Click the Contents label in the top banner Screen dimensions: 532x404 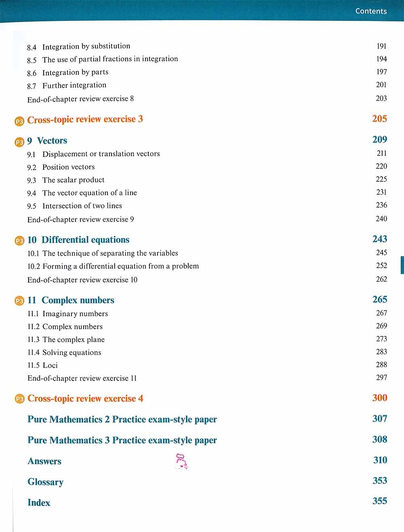371,11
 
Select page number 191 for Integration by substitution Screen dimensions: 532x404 381,46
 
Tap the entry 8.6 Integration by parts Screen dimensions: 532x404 67,73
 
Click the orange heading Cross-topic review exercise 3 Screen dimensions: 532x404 85,120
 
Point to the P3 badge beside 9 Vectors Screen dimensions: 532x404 19,142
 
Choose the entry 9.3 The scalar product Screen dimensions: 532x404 66,180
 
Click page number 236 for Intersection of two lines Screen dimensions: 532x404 381,205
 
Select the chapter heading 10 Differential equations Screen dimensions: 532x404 78,240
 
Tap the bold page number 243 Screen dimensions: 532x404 380,239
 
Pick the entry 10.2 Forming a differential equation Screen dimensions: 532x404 113,266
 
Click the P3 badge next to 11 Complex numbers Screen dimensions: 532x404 19,301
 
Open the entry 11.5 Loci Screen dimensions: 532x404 42,366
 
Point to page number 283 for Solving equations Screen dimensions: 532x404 381,352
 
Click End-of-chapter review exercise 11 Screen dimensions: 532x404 82,378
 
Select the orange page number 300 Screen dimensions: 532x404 380,398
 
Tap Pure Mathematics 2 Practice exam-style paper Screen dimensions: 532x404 122,420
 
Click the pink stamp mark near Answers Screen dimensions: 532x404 181,461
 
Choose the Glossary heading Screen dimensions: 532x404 45,482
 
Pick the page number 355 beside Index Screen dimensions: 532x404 380,501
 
